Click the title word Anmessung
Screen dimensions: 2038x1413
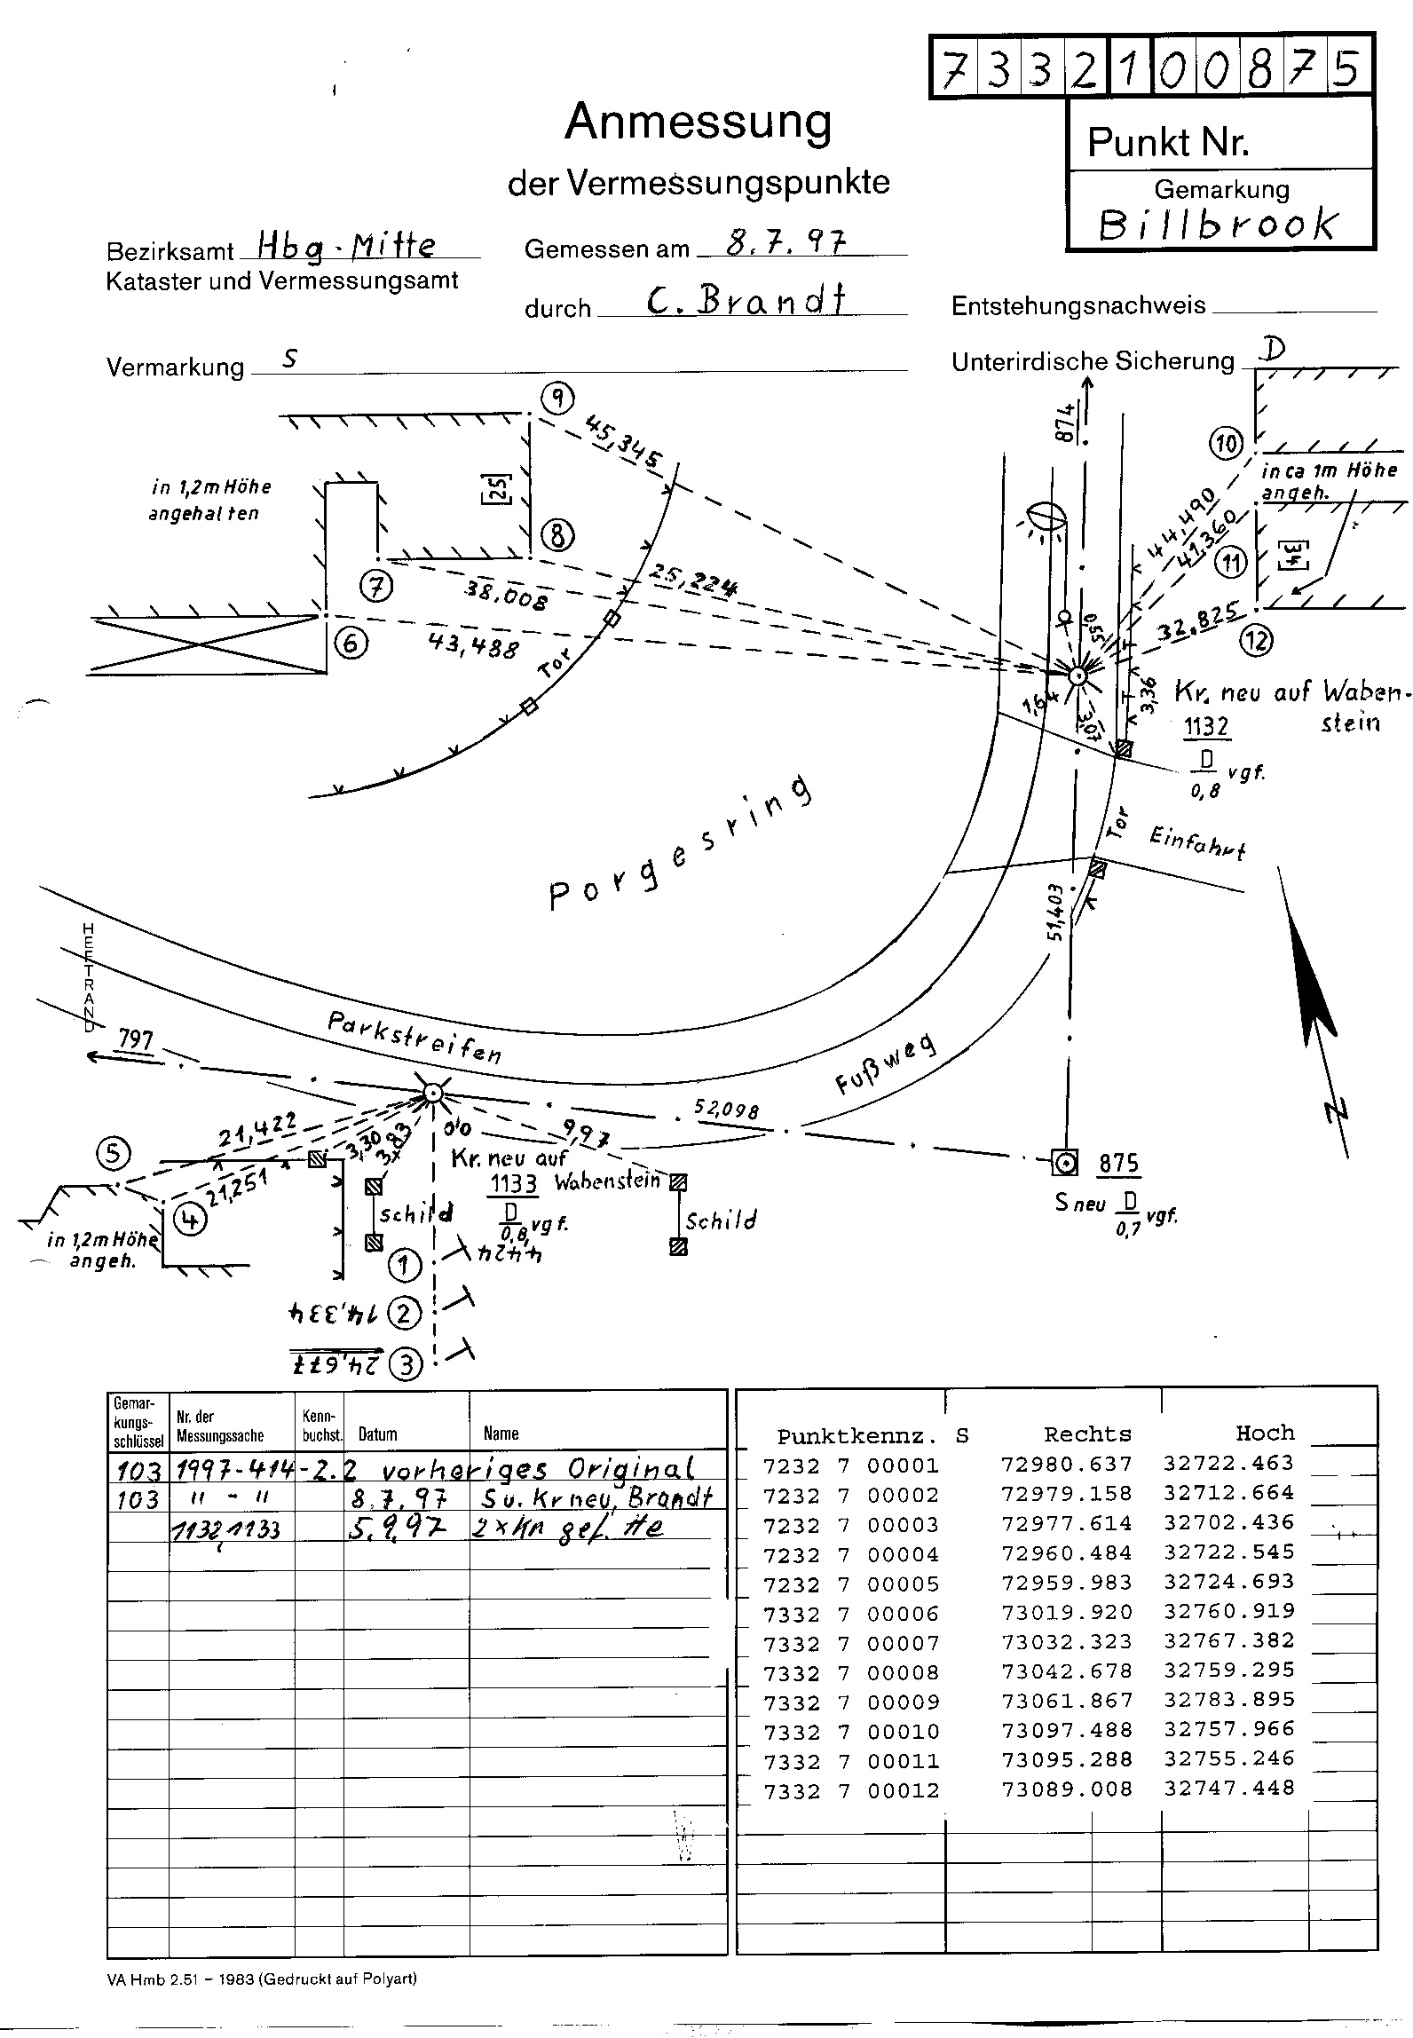(x=698, y=123)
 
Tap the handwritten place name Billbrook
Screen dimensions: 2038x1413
(x=1218, y=225)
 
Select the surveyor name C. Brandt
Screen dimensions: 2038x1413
(x=746, y=303)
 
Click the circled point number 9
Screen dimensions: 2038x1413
(x=557, y=399)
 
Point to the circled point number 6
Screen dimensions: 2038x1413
(x=351, y=643)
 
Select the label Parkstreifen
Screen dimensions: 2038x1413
(x=414, y=1037)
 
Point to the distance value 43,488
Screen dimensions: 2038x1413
(x=473, y=644)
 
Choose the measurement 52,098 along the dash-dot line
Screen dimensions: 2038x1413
(x=729, y=1110)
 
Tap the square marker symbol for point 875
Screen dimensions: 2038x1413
(x=1064, y=1161)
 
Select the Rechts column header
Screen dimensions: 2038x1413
(x=1087, y=1434)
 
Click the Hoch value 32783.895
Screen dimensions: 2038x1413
(x=1229, y=1699)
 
